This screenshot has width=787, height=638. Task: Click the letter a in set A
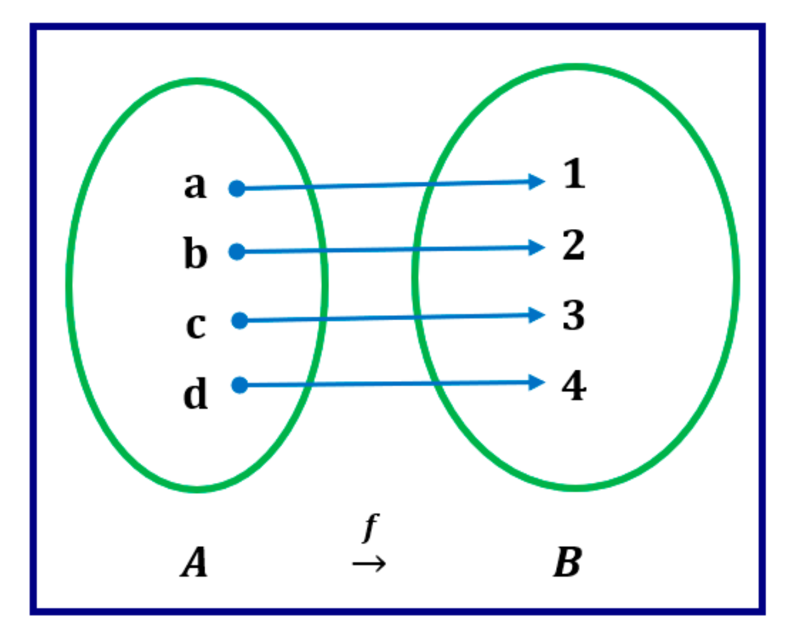coord(195,185)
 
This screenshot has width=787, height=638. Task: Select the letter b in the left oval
coord(195,253)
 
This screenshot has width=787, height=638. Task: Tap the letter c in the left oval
coord(195,325)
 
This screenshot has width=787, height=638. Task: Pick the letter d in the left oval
coord(195,393)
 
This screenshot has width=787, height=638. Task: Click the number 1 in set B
coord(574,174)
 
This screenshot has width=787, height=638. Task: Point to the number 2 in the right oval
coord(574,245)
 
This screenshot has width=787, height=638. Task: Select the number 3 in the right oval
coord(574,315)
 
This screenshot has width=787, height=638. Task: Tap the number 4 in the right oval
coord(574,385)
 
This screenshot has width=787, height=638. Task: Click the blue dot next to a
coord(237,188)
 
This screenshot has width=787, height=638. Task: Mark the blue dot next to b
coord(237,252)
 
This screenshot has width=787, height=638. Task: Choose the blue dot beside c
coord(239,321)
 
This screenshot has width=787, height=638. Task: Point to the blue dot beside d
coord(239,385)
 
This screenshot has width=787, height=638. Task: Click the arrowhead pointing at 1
coord(536,182)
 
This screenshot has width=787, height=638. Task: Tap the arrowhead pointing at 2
coord(536,247)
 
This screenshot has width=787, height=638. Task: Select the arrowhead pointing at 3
coord(536,315)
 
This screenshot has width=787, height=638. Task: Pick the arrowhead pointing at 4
coord(536,382)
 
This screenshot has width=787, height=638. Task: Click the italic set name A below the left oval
coord(194,562)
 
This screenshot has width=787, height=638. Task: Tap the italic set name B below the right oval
coord(567,562)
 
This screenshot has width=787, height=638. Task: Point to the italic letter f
coord(371,527)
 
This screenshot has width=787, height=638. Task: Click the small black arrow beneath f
coord(369,563)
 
